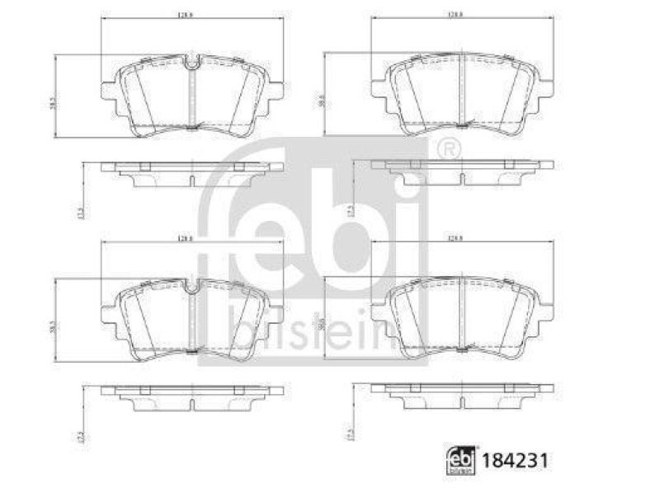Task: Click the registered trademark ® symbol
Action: [x=448, y=149]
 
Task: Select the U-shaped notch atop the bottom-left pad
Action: [x=191, y=286]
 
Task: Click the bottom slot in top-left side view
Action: [x=191, y=183]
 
